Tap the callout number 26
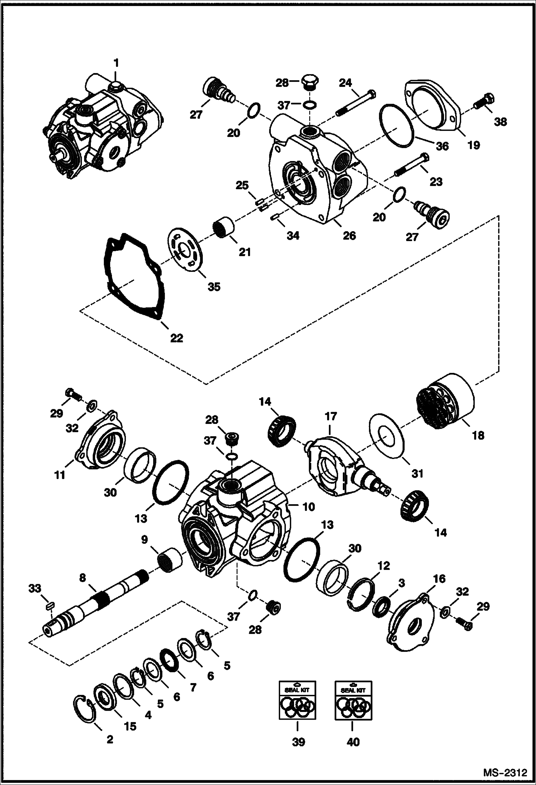click(x=349, y=235)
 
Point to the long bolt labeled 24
click(x=356, y=103)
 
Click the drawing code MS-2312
click(x=505, y=772)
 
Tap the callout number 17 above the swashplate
click(x=331, y=416)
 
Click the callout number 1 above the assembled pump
click(x=116, y=63)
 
